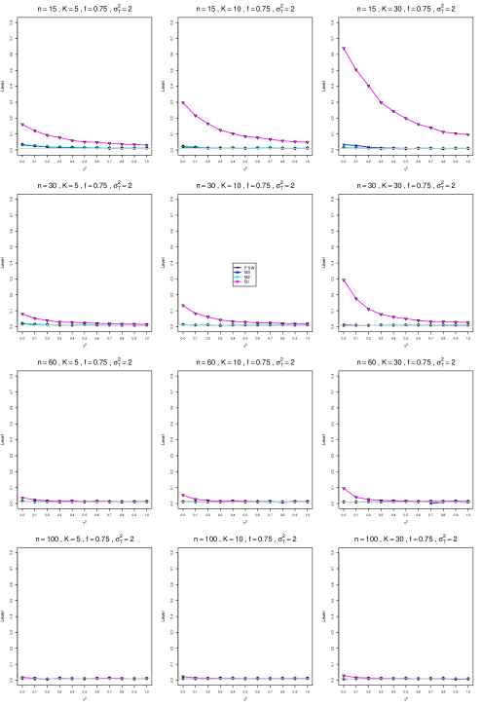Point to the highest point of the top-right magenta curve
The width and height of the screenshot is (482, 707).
tap(345, 50)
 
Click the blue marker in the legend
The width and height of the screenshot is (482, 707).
tap(238, 273)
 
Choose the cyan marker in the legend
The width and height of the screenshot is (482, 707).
tap(238, 278)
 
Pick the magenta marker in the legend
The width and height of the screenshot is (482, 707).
tap(238, 282)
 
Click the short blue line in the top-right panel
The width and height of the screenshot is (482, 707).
tap(356, 146)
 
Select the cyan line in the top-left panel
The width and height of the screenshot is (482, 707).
tap(44, 146)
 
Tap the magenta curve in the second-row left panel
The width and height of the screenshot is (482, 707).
tap(39, 319)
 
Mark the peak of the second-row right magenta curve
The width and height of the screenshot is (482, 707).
tap(345, 281)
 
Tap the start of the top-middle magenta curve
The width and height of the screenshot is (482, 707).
tap(184, 103)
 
